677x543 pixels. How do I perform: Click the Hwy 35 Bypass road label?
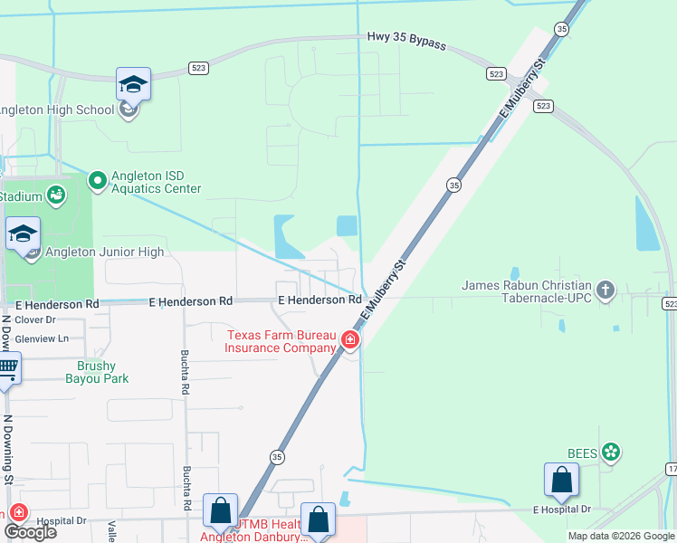pos(406,38)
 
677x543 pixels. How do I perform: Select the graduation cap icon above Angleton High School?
pos(133,84)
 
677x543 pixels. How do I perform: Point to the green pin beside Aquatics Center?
pos(97,181)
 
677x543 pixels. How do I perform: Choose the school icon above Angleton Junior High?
pos(23,233)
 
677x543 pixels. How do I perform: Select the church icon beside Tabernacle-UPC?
pos(605,291)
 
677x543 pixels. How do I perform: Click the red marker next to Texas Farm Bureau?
pos(350,341)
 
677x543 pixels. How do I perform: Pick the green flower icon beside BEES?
pos(612,451)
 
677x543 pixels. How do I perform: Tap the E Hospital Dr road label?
pos(561,510)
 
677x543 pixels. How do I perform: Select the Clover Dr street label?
pos(35,319)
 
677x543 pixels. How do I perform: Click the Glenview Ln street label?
pos(42,338)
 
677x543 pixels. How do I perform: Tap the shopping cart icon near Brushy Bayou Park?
pos(6,368)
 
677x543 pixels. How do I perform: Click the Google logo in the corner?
pos(29,531)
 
